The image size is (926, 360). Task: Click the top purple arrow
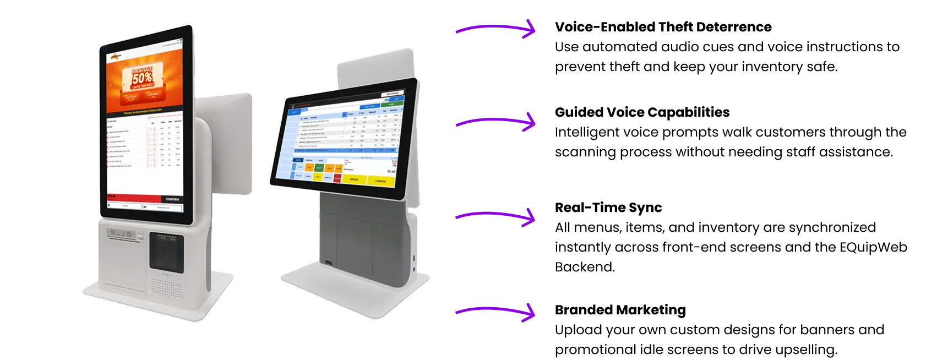[x=495, y=28]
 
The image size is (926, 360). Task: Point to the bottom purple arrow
[x=495, y=312]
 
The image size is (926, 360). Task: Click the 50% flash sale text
[x=142, y=78]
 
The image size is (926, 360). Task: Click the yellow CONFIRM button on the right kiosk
[x=380, y=181]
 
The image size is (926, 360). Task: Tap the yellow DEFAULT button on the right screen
[x=354, y=179]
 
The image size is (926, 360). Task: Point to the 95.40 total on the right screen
[x=391, y=171]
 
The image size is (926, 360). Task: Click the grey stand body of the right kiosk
[x=363, y=237]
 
